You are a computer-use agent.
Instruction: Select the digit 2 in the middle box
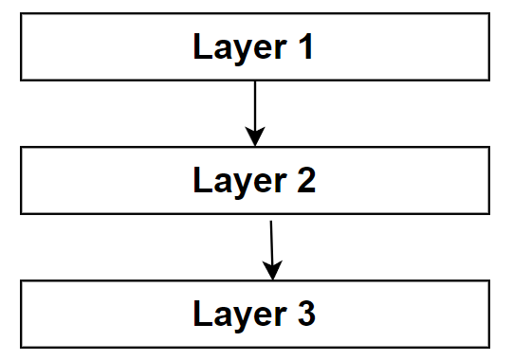point(303,180)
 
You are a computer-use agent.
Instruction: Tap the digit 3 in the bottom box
point(303,314)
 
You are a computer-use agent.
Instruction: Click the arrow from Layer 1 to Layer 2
point(254,109)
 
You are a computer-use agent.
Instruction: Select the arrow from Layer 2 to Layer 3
point(271,246)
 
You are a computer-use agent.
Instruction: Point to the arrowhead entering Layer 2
point(254,138)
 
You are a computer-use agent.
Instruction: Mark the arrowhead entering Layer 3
point(273,272)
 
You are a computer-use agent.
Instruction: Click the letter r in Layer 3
point(276,315)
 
